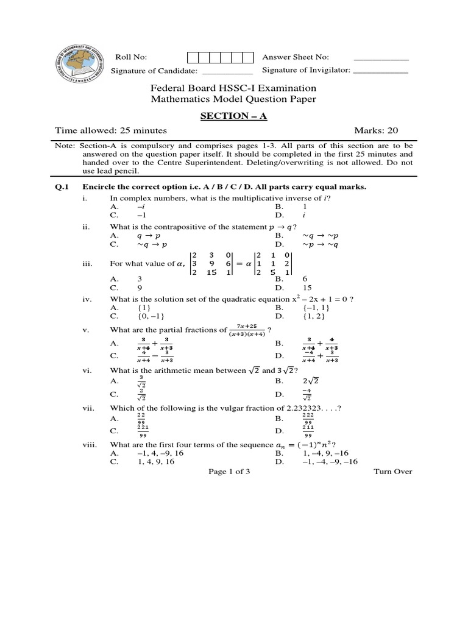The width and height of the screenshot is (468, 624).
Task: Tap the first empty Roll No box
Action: [192, 57]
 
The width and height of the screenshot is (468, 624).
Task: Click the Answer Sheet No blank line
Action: [381, 60]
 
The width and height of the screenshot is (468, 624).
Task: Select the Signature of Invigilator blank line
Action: [381, 73]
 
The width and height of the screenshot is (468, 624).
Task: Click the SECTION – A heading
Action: [233, 116]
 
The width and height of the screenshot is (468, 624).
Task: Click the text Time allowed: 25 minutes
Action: [111, 130]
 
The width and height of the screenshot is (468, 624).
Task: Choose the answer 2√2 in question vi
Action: [311, 381]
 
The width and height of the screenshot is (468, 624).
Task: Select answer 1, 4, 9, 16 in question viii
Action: [151, 462]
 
